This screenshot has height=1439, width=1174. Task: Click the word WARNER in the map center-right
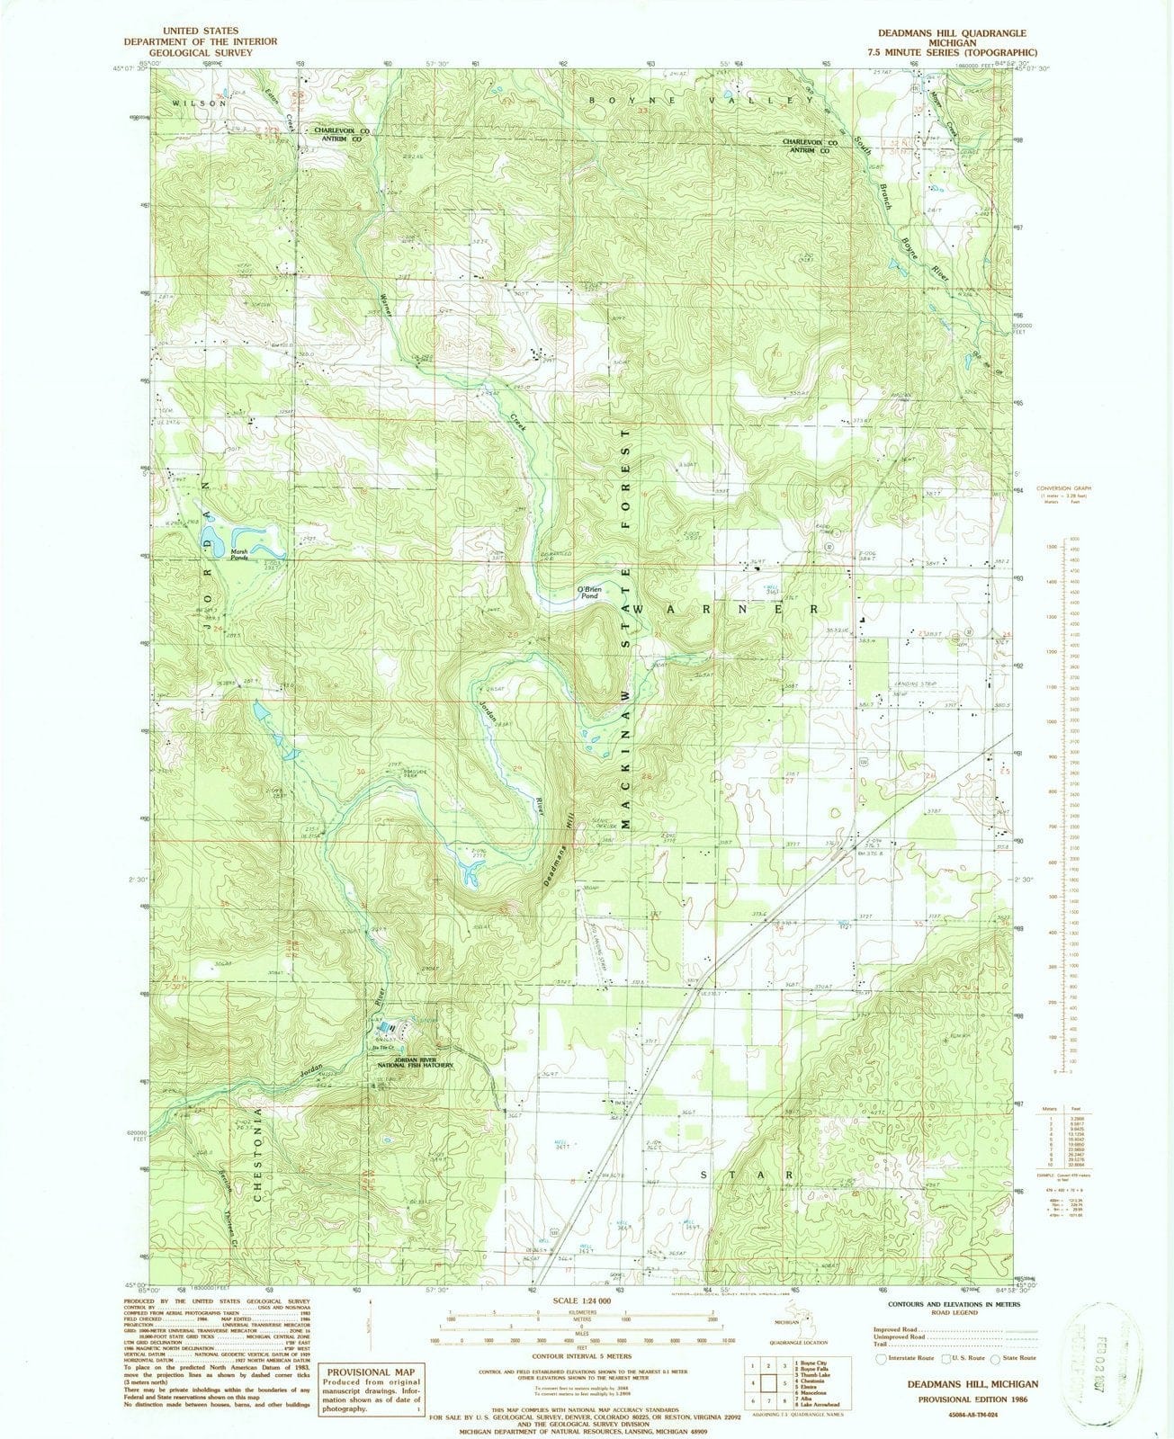[727, 609]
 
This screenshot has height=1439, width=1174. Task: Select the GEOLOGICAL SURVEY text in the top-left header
[201, 53]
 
